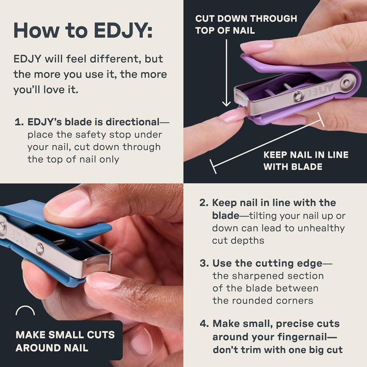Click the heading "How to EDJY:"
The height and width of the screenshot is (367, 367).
pos(83,30)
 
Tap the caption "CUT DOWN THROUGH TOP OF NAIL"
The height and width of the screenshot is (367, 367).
pos(246,24)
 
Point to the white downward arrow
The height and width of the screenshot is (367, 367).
pos(226,71)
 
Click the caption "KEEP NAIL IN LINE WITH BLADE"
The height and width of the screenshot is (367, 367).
pos(306,161)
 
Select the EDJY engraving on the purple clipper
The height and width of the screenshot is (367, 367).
pos(321,89)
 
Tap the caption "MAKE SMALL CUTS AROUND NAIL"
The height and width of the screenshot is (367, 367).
pos(65,342)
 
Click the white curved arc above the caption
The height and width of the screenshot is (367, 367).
pos(25,310)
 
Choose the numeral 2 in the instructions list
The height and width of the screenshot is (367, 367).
pos(202,203)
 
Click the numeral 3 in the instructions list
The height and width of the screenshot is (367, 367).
pos(202,264)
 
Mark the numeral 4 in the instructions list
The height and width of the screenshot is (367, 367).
pos(203,324)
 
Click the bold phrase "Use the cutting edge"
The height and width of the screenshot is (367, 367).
pos(267,264)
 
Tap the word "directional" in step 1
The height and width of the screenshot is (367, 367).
pos(131,122)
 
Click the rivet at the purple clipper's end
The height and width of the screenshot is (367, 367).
pos(349,82)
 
